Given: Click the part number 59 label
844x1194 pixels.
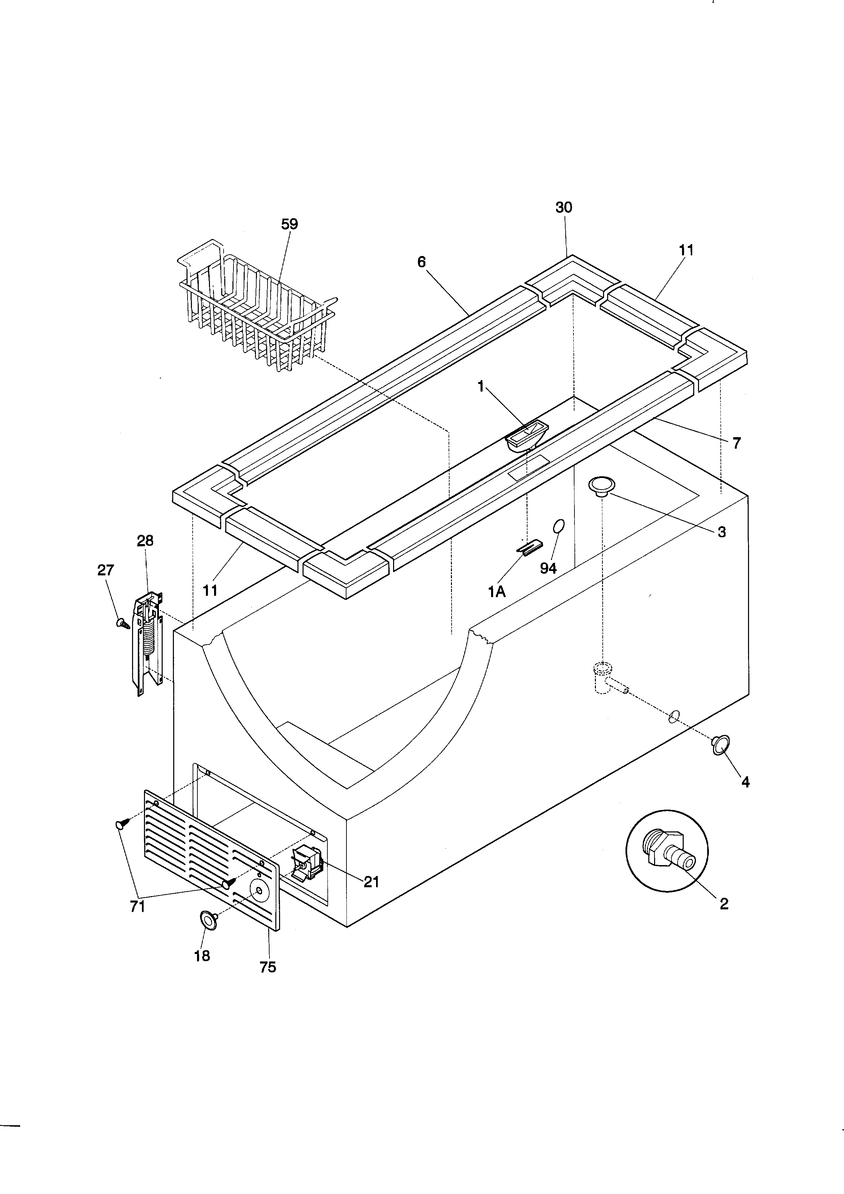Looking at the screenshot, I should [x=290, y=224].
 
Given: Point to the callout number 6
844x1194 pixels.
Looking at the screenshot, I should [x=421, y=262].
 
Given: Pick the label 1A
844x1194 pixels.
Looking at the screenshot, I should [x=497, y=592].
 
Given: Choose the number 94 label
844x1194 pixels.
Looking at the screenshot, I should [x=548, y=568].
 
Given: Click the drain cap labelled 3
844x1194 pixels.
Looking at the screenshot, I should [x=601, y=486].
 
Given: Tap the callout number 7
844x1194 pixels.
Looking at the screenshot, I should [x=736, y=443].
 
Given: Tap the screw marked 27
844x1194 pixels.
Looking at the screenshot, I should [x=123, y=622].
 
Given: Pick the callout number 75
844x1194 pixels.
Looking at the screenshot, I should [x=267, y=967].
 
